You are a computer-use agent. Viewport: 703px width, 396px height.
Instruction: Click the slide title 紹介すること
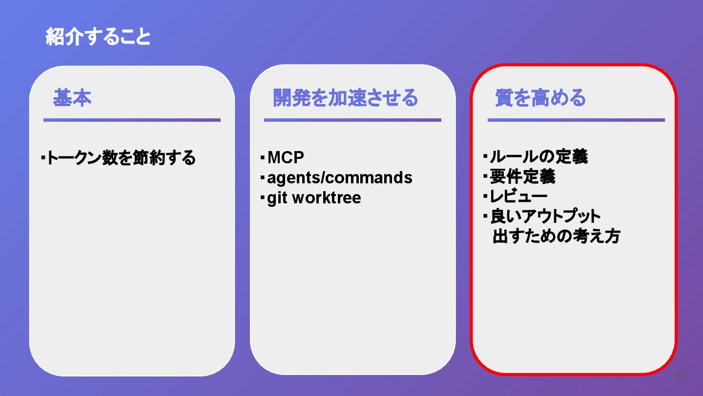pos(98,37)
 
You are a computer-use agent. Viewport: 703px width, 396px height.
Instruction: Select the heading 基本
pos(72,98)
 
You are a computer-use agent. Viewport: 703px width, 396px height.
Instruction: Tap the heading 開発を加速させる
pos(345,98)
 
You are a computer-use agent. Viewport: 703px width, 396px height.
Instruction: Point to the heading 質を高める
pos(540,98)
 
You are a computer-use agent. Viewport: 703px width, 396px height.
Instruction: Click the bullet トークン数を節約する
pos(121,158)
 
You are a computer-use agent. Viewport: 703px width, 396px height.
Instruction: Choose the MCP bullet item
pos(286,157)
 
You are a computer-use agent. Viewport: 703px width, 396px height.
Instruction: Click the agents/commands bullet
pos(339,177)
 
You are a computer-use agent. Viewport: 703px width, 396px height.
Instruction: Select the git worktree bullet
pos(314,198)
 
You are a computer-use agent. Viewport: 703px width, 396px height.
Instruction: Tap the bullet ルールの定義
pos(538,156)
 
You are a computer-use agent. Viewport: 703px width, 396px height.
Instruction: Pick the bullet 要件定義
pos(522,176)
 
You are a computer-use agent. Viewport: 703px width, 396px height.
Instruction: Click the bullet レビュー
pos(518,197)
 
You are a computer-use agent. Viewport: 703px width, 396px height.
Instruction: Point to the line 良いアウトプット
pos(545,216)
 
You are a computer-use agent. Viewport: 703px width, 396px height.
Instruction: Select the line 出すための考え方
pos(556,236)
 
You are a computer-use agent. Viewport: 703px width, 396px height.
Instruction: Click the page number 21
pos(681,375)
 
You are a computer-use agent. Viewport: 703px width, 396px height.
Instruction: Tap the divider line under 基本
pos(132,120)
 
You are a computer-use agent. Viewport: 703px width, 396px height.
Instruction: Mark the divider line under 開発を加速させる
pos(352,120)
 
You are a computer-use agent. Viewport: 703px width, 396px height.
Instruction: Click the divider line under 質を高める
pos(576,120)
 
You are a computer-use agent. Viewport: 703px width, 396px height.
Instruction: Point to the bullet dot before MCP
pos(263,157)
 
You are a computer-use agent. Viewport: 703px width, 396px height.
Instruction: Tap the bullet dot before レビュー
pos(486,197)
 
